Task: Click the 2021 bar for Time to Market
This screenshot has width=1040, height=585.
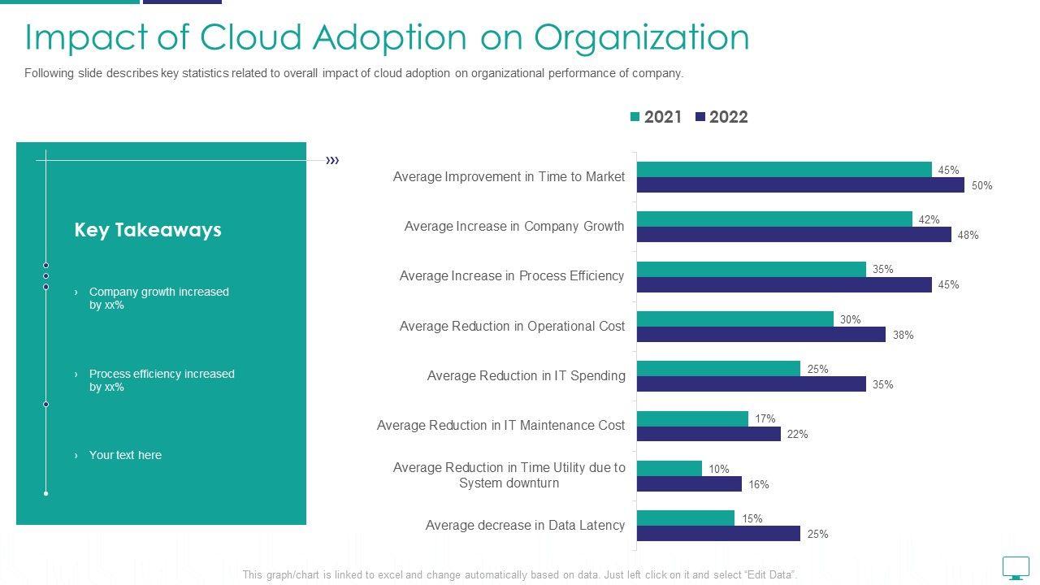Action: tap(784, 170)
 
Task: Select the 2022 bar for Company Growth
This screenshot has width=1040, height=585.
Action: tap(794, 235)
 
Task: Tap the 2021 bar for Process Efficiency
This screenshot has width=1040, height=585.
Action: tap(752, 269)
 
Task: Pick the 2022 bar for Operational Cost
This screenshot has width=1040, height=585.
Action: tap(761, 335)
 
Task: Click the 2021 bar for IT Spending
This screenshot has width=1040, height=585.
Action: tap(718, 369)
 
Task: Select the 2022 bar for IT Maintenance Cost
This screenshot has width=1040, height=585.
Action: tap(708, 434)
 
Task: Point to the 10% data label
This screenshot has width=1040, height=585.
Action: tap(719, 469)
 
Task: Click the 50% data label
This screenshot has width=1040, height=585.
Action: tap(981, 185)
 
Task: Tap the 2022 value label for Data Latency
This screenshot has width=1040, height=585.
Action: tap(817, 534)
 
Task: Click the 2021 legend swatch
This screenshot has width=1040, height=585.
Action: tap(635, 117)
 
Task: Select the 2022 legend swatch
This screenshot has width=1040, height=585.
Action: tap(700, 117)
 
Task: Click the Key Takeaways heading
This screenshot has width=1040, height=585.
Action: tap(148, 230)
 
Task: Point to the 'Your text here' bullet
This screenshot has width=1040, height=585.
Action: tap(125, 455)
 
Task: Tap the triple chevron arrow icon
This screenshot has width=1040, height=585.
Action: tap(332, 160)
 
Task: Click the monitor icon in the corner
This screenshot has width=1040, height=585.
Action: tap(1016, 566)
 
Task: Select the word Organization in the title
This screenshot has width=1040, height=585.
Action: tap(642, 37)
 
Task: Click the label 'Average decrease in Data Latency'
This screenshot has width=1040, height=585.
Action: tap(525, 526)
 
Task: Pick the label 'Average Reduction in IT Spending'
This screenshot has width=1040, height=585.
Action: tap(526, 375)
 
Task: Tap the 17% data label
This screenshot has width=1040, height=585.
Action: tap(765, 418)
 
